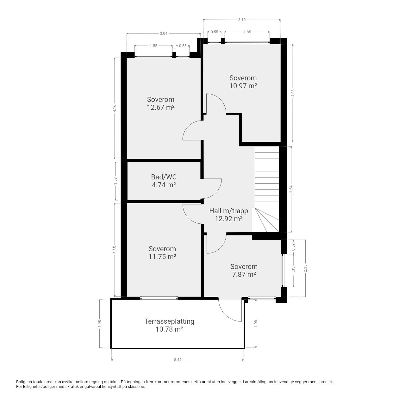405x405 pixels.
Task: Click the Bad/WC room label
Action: (164, 177)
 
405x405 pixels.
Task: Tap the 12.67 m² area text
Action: (161, 107)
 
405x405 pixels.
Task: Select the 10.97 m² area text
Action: (243, 86)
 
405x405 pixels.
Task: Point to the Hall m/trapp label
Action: (228, 211)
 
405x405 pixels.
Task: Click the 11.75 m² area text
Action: (162, 257)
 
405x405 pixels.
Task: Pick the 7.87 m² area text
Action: (244, 274)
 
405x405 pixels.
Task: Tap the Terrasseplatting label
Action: (169, 321)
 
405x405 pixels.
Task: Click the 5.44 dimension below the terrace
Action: (178, 360)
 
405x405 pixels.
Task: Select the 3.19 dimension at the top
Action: (242, 20)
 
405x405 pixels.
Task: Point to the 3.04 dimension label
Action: (164, 34)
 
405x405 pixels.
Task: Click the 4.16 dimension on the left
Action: (115, 108)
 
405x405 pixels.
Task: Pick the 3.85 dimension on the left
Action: (115, 250)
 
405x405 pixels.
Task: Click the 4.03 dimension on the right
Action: (293, 93)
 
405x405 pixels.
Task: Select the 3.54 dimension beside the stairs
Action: (291, 189)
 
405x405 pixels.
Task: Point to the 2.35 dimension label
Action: (305, 268)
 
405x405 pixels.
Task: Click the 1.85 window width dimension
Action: (247, 32)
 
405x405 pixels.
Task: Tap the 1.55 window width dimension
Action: (153, 46)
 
